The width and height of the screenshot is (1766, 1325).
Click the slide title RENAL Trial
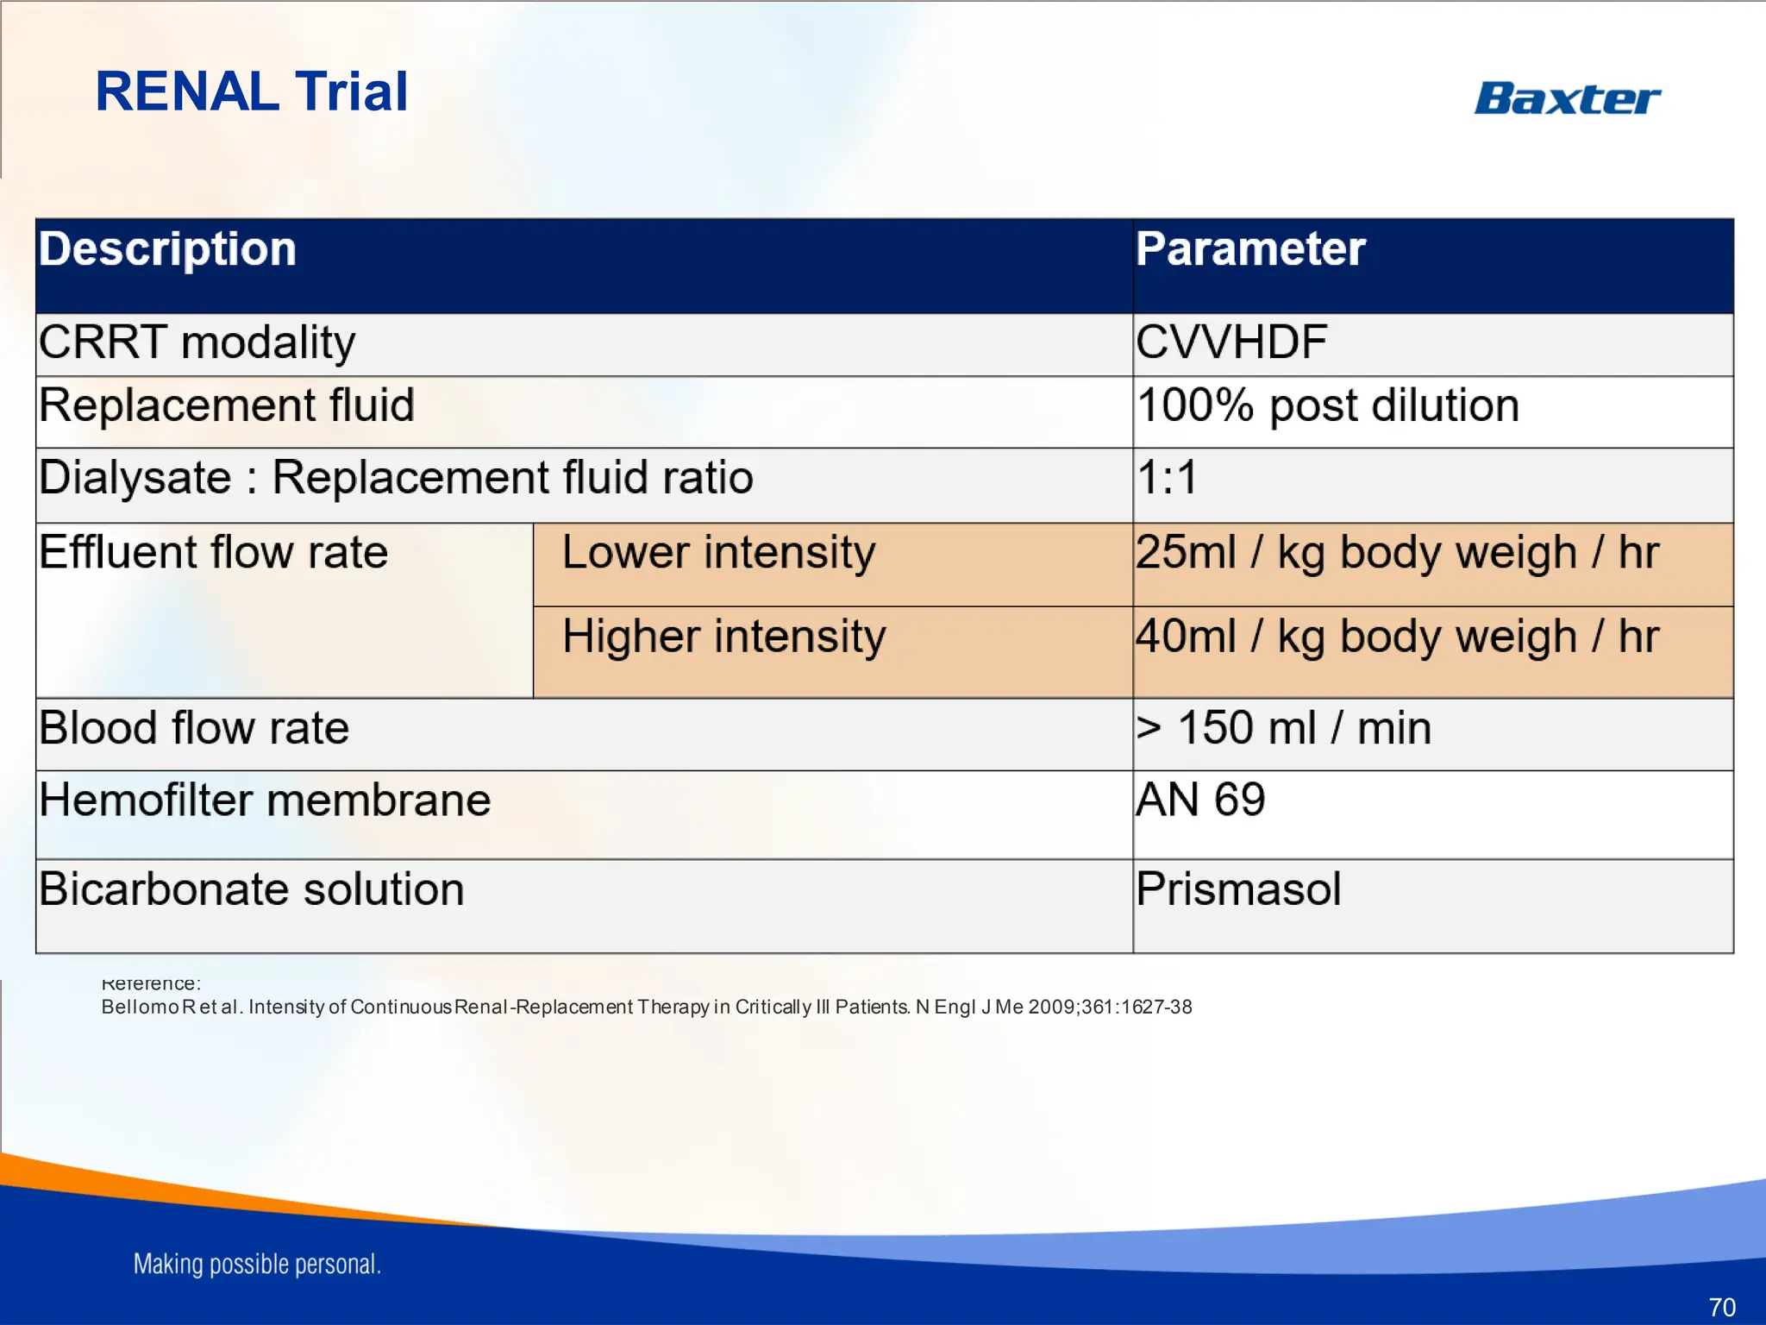[x=251, y=91]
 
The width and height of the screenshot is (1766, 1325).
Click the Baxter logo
[x=1567, y=98]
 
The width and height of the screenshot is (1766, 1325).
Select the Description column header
[x=168, y=249]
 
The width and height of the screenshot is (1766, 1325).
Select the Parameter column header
[x=1250, y=249]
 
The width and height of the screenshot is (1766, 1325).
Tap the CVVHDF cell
[x=1231, y=342]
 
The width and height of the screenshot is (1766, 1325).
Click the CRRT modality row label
[x=197, y=342]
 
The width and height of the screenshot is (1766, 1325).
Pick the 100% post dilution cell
[x=1327, y=405]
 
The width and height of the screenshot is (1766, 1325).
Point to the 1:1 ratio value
[x=1167, y=478]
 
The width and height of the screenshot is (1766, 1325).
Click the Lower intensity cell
[x=718, y=553]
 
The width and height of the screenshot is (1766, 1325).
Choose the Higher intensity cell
[x=723, y=637]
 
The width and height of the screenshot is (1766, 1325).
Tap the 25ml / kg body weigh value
[x=1397, y=553]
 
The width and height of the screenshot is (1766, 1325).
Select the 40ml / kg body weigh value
[x=1397, y=637]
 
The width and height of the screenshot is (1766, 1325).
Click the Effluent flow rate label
[x=213, y=553]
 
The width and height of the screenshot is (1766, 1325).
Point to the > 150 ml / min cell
[x=1283, y=728]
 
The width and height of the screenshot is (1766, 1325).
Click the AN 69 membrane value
[x=1200, y=800]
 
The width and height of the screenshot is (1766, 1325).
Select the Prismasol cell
[x=1238, y=889]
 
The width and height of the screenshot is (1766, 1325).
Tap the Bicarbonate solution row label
[x=251, y=889]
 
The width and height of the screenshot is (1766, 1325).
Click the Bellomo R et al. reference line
[x=646, y=1007]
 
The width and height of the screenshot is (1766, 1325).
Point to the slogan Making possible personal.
[x=257, y=1264]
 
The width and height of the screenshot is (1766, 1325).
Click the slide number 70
[x=1721, y=1307]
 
